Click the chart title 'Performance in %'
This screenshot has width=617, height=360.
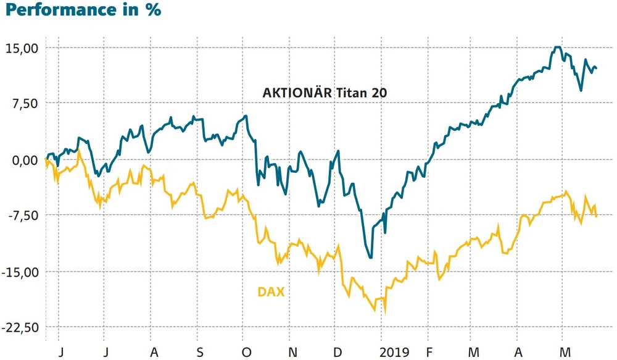coord(81,10)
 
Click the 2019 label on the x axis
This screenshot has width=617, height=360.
coord(394,352)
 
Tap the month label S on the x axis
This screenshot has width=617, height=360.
coord(199,352)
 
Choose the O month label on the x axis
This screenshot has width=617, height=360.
coord(246,352)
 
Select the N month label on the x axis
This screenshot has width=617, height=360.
coord(293,352)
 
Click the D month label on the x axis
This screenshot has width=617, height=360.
coord(337,352)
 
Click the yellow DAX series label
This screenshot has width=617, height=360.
coord(271,291)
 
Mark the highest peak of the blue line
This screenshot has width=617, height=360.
coord(558,47)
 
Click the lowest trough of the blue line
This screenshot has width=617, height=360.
coord(370,257)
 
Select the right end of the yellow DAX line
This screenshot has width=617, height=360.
coord(597,216)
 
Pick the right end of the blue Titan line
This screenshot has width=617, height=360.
coord(597,68)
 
